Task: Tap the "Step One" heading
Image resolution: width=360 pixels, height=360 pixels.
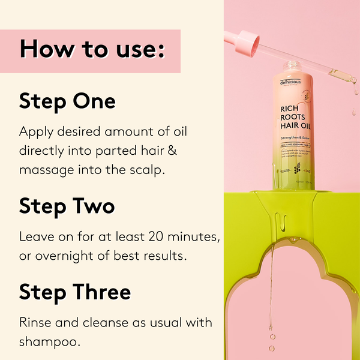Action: (x=67, y=101)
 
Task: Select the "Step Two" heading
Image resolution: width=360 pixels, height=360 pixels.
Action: (x=67, y=206)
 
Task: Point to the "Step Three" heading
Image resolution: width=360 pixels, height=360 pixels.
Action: (x=75, y=292)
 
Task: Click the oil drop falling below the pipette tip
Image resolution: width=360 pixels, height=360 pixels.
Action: (x=353, y=112)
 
